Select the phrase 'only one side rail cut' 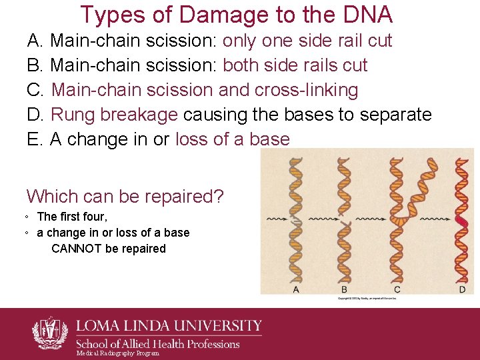click(x=307, y=41)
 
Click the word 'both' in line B click(x=243, y=65)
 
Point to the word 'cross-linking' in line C click(x=307, y=90)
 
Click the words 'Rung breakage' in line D click(x=114, y=115)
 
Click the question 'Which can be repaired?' click(x=125, y=197)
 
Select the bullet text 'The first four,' click(x=72, y=217)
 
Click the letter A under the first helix click(x=296, y=289)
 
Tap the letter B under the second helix click(x=344, y=289)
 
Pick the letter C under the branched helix click(x=397, y=289)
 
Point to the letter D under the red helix click(x=462, y=289)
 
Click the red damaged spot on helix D click(x=461, y=219)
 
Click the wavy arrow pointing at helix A click(x=277, y=218)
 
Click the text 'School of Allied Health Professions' click(x=158, y=344)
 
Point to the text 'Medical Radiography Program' click(x=118, y=353)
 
